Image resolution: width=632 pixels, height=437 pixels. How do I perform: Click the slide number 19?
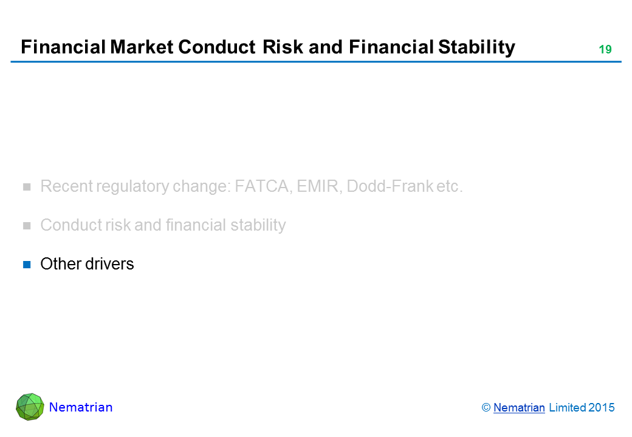(x=605, y=50)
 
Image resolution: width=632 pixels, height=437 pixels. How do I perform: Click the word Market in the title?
(x=142, y=47)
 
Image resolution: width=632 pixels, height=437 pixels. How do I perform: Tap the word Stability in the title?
(x=476, y=48)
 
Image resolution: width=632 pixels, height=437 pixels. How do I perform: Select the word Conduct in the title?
(x=216, y=47)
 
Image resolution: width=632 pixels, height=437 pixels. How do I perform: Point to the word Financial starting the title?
(x=63, y=47)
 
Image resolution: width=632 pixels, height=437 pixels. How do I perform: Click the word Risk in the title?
(x=283, y=47)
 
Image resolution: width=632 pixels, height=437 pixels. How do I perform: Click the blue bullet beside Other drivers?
(x=27, y=265)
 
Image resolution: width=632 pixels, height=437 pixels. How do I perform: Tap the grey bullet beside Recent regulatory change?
(x=27, y=187)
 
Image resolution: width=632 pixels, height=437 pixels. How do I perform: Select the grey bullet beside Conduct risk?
(x=27, y=226)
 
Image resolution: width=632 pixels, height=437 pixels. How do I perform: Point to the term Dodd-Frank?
(x=390, y=186)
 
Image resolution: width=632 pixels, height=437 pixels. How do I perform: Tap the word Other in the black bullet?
(x=61, y=264)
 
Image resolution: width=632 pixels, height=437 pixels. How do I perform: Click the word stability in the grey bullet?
(x=258, y=225)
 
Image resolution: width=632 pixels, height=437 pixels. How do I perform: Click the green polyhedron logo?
(x=30, y=407)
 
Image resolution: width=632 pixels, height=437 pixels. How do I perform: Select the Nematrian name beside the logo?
(x=81, y=407)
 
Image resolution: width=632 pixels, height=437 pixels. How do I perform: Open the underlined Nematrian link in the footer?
(x=519, y=408)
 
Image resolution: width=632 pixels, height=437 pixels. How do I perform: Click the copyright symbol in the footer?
(x=486, y=408)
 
